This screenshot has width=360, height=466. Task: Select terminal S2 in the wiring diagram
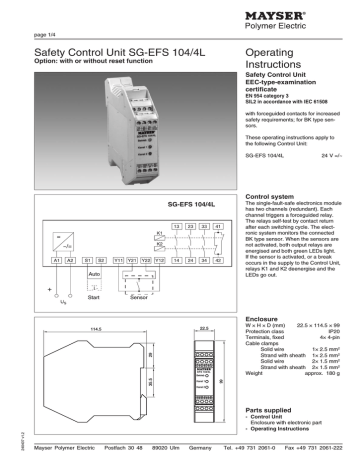(x=100, y=260)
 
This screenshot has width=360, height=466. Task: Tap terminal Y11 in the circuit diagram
(x=117, y=260)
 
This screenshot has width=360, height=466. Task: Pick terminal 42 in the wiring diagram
(x=216, y=260)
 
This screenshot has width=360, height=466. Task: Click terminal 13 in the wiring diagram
(x=176, y=226)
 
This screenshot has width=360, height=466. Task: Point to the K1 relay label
(x=158, y=233)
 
